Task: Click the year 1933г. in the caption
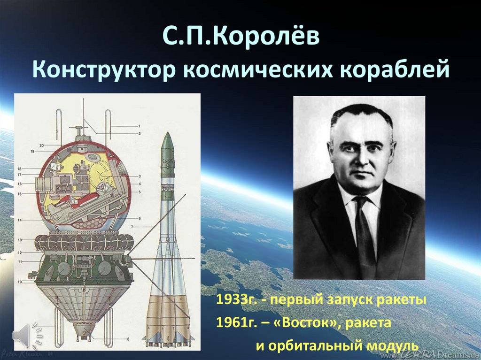pos(235,300)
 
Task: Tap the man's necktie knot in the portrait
pos(361,202)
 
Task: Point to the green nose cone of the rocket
pos(167,146)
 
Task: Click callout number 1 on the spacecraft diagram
pos(139,126)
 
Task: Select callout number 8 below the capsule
pos(128,338)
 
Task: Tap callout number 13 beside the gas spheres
pos(20,240)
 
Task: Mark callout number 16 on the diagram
pos(20,184)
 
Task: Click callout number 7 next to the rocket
pos(132,227)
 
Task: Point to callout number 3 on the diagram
pos(140,176)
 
